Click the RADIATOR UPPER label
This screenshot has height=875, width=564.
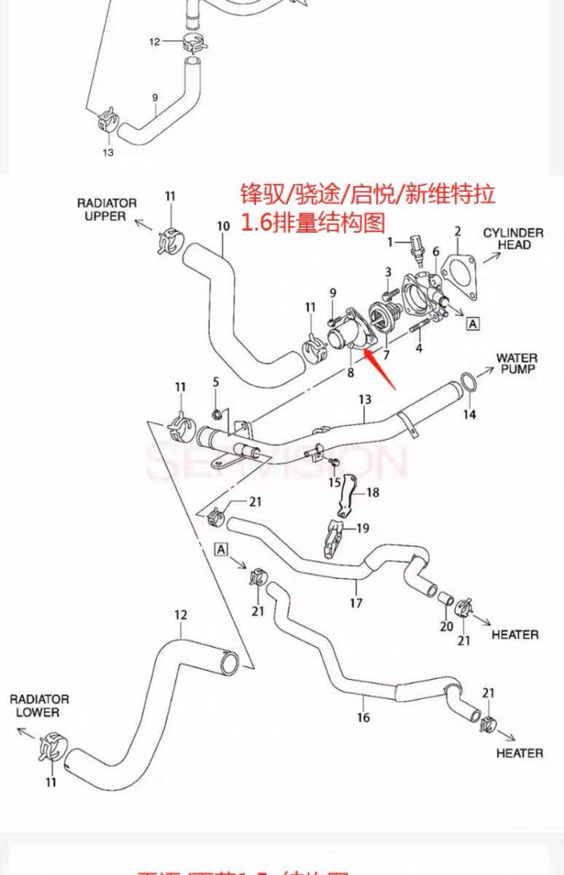pos(107,209)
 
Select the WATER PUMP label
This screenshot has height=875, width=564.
pos(517,363)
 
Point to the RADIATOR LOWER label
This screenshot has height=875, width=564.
pos(39,705)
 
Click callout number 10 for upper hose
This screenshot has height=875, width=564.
pos(223,226)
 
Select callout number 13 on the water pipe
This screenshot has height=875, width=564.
pos(364,399)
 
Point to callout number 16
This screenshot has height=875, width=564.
pos(363,717)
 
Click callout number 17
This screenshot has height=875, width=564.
pos(356,603)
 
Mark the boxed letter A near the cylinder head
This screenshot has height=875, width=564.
pos(472,324)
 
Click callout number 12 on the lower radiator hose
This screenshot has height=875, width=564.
pos(180,615)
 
